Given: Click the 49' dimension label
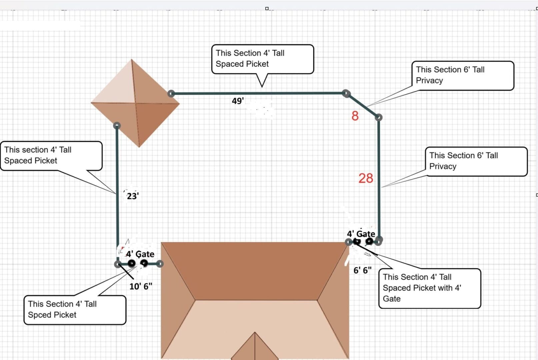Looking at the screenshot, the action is tap(238, 101).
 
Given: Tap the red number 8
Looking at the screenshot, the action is tap(355, 116).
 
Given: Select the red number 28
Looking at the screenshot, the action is tap(366, 178).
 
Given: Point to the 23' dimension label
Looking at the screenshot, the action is tap(133, 196).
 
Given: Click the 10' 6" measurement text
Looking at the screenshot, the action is tap(141, 286).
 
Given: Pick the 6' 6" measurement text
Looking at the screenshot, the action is tap(362, 270).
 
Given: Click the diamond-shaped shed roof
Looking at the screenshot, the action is tap(135, 103).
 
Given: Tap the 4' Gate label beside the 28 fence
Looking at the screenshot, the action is tap(361, 234).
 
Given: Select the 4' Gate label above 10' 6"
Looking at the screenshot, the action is tap(140, 254).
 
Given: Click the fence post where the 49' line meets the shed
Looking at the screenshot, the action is tap(171, 93).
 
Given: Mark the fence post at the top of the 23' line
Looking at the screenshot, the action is tap(117, 126).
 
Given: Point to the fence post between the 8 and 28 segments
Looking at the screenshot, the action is tap(378, 117).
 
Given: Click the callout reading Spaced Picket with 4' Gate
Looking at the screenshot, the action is tap(430, 288).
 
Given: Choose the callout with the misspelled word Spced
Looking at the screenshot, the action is tap(75, 310).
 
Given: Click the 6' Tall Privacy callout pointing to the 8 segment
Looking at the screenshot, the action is tap(463, 76).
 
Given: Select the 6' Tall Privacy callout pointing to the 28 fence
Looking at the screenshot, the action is tap(476, 161).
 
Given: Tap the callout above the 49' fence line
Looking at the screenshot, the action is tap(263, 59).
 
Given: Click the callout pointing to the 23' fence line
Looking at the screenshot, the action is tap(51, 156).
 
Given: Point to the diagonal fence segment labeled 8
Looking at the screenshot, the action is tap(362, 105).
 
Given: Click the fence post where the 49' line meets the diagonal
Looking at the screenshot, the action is tap(346, 93).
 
